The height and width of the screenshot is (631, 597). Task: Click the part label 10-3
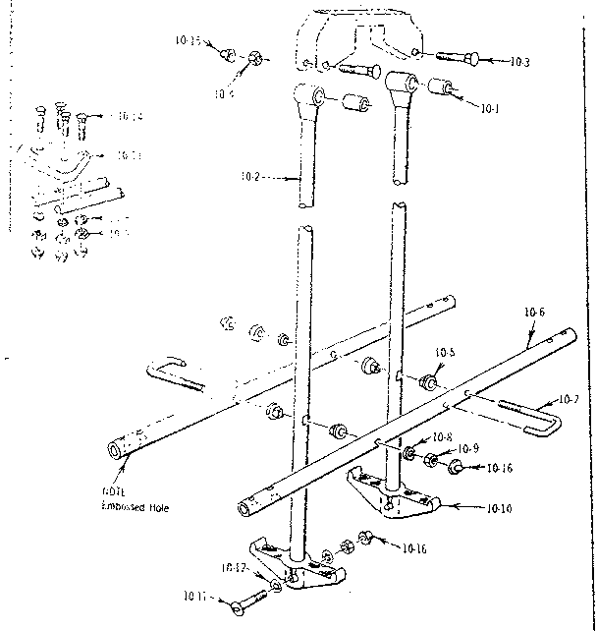pos(520,62)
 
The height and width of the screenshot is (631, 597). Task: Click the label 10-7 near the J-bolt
pos(570,399)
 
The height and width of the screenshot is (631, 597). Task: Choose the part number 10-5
pos(445,352)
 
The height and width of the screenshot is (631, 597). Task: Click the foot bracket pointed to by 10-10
pos(393,495)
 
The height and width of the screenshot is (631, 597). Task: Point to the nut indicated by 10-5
pos(428,381)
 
